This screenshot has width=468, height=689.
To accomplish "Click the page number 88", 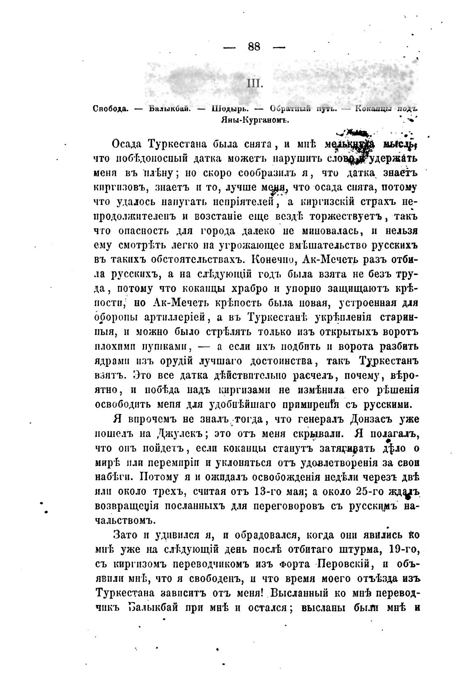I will pyautogui.click(x=254, y=46).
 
